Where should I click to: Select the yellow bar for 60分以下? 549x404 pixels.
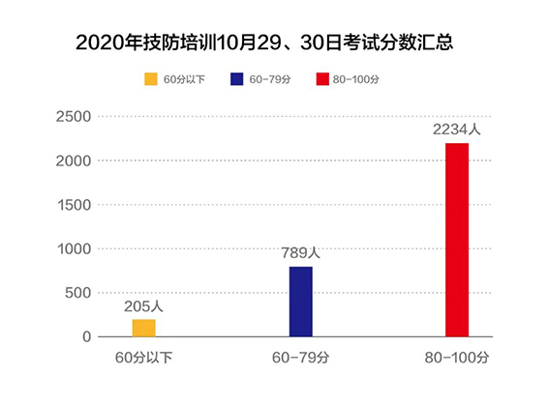click(x=143, y=328)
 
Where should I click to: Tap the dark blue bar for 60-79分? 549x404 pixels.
click(x=300, y=302)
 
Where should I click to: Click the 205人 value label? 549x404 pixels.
click(x=143, y=305)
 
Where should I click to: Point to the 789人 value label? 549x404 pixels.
click(x=300, y=253)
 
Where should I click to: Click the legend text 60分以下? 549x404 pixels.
click(x=184, y=79)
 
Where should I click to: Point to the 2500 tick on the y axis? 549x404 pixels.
click(x=75, y=117)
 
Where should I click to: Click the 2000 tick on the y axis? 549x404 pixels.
click(x=75, y=161)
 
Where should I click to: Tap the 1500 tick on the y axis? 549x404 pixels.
click(x=75, y=205)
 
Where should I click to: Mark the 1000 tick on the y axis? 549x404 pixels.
click(x=75, y=249)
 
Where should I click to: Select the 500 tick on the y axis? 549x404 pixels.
click(x=78, y=293)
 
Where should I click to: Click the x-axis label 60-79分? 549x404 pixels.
click(x=300, y=359)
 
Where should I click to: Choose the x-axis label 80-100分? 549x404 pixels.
click(x=457, y=359)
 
